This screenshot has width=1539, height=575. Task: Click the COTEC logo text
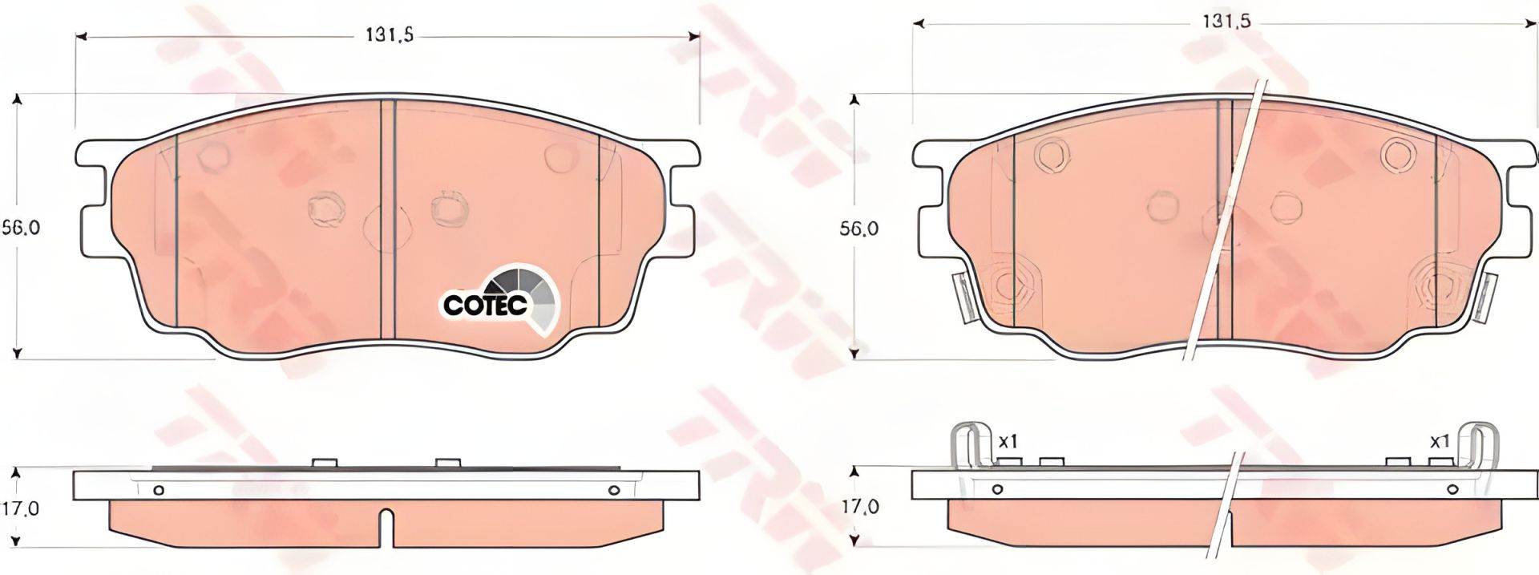coord(486,305)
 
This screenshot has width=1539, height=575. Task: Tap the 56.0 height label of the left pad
coord(21,227)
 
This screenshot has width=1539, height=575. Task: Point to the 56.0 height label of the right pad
coord(859,229)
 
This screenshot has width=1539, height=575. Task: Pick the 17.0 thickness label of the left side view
coord(21,508)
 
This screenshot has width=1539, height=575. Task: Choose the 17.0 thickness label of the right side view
coord(860,507)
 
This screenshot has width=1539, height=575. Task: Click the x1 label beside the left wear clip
coord(1008,441)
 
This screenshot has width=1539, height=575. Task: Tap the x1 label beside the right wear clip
coord(1440,441)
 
